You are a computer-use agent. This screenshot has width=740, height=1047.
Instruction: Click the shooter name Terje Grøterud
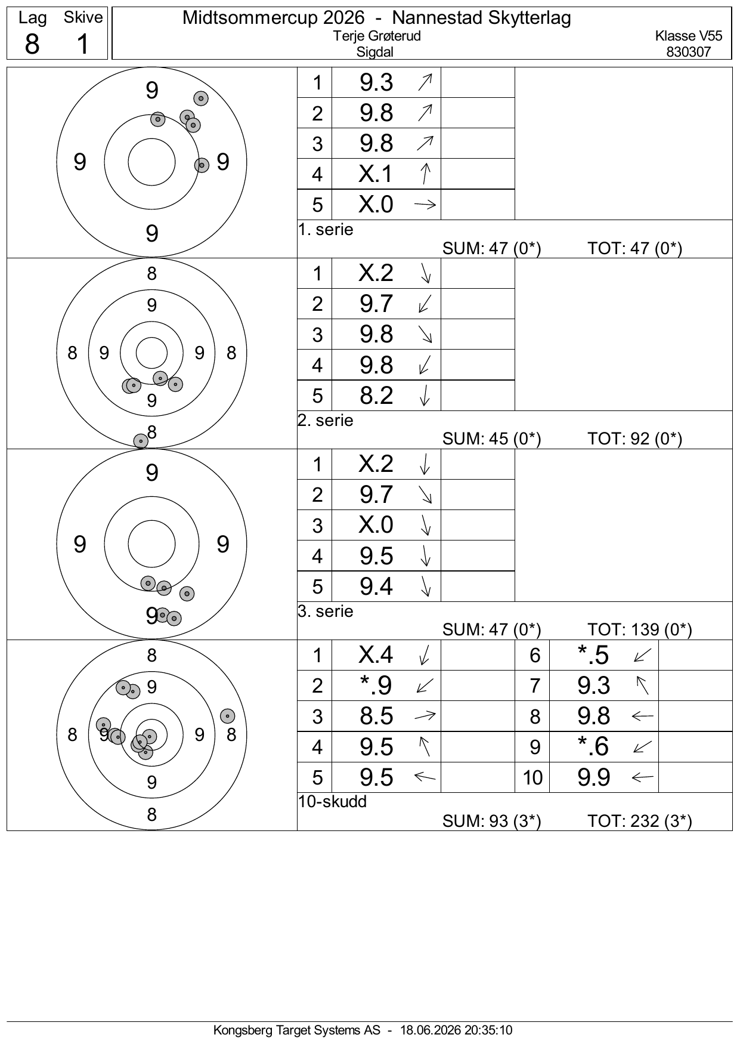[x=377, y=36]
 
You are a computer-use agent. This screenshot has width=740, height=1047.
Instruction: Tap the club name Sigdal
[x=375, y=52]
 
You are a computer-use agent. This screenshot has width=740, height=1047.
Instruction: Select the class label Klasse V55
[x=689, y=36]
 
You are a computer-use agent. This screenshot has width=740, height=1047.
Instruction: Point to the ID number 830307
[x=689, y=52]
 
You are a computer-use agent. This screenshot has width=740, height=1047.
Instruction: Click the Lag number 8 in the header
[x=32, y=44]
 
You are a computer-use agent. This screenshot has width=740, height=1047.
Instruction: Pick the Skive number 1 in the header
[x=83, y=44]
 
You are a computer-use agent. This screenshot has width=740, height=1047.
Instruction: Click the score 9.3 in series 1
[x=376, y=82]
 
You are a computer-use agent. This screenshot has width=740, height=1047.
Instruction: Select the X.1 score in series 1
[x=376, y=174]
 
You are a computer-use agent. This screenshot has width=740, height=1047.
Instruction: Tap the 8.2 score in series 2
[x=376, y=395]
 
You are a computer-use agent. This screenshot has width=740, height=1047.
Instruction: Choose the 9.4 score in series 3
[x=376, y=586]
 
